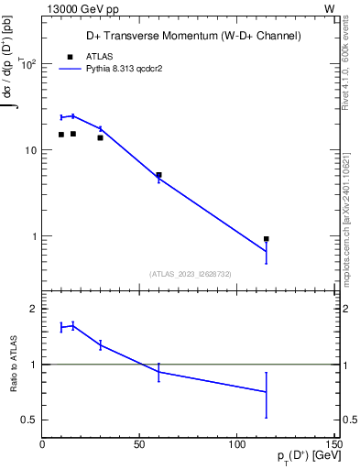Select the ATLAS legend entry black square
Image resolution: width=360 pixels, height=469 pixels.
[69, 56]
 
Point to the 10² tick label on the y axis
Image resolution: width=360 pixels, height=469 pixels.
[28, 64]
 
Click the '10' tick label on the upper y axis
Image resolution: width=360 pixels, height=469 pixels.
[30, 150]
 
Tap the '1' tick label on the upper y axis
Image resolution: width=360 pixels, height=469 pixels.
[34, 236]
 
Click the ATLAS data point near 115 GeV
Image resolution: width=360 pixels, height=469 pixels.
[266, 239]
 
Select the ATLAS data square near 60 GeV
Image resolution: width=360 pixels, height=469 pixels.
[158, 175]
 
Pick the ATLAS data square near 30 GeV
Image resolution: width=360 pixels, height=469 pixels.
[100, 137]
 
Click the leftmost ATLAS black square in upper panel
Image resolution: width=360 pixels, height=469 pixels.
[61, 135]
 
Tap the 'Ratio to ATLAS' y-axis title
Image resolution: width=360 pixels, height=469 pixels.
[13, 364]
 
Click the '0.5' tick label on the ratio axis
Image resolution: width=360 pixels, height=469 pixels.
[28, 420]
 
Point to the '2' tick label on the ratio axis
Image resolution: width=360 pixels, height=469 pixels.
[34, 309]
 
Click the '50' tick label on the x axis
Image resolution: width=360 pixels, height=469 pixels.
[139, 444]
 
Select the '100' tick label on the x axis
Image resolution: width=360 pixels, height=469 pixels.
[236, 444]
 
